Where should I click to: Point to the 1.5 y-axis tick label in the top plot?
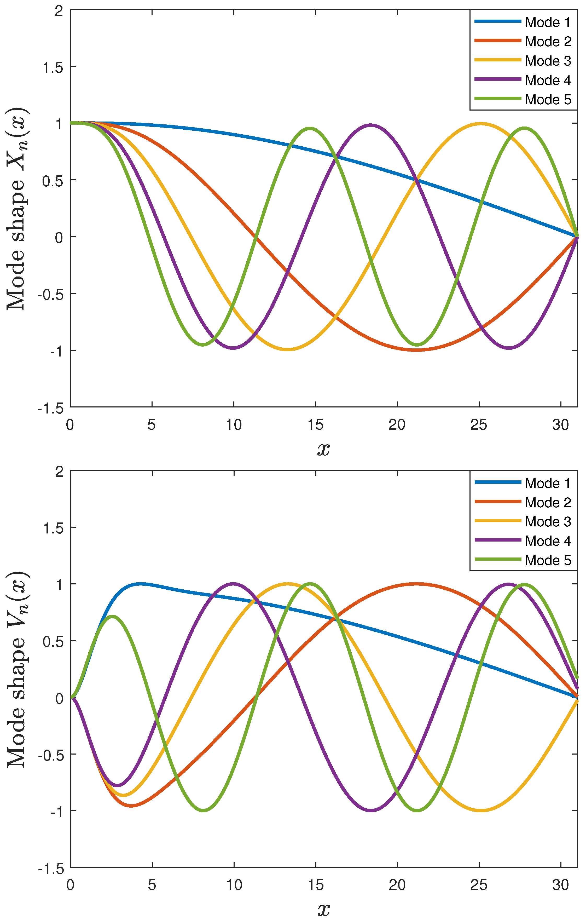[x=53, y=67]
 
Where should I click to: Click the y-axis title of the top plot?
[x=16, y=208]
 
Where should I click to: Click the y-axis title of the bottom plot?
[x=16, y=669]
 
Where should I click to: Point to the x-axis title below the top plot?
[x=323, y=449]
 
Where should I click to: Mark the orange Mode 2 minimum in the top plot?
[x=417, y=350]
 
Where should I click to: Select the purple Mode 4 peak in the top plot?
[x=370, y=125]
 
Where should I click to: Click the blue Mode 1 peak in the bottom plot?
[x=141, y=584]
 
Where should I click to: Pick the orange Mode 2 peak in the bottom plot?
[x=417, y=584]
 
